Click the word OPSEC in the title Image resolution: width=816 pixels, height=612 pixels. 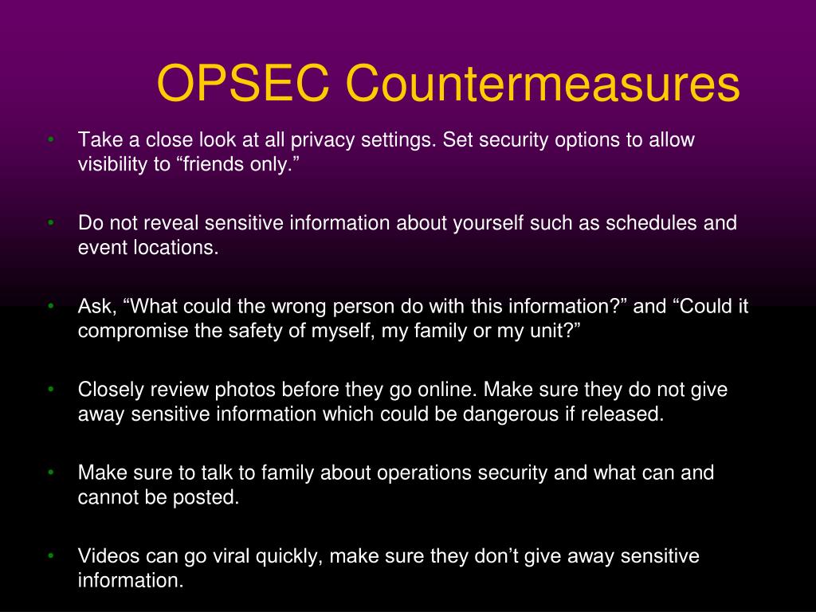[243, 83]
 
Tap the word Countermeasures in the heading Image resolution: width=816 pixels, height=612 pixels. [543, 83]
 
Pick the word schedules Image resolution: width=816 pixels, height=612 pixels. [652, 223]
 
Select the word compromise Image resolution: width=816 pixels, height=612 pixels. [133, 331]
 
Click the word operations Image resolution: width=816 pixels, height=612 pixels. [425, 473]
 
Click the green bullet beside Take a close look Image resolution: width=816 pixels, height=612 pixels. [50, 139]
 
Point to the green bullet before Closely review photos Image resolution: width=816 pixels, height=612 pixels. [50, 389]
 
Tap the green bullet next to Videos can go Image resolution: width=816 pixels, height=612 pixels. [50, 555]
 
